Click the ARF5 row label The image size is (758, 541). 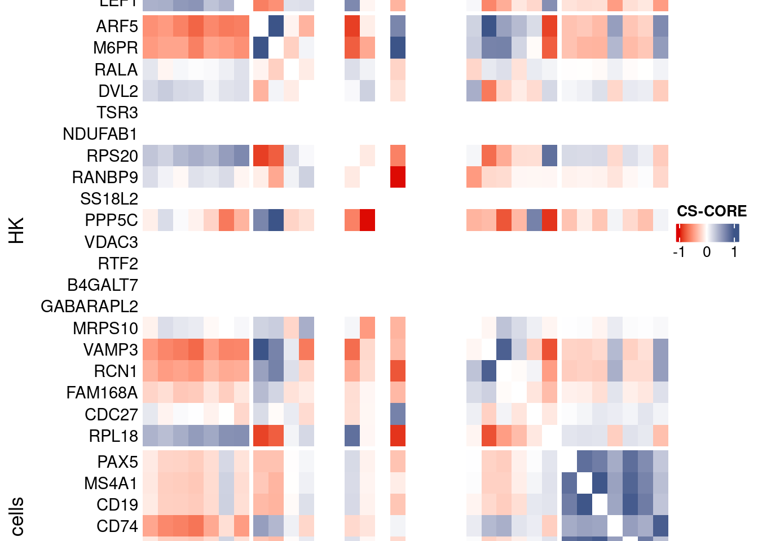point(117,26)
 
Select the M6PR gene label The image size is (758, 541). point(116,48)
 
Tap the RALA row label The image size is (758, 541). point(116,70)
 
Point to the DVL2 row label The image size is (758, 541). point(118,91)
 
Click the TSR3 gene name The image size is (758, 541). point(117,113)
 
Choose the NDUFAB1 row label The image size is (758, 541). point(100,134)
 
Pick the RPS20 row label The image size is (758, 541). point(112,156)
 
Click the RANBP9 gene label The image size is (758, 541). point(105,178)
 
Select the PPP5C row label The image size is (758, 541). point(111,220)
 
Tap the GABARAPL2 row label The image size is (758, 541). point(89,307)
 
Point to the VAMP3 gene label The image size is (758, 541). point(111,350)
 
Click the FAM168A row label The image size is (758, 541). point(102,393)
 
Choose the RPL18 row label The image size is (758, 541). point(113,436)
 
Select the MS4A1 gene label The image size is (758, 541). point(111,484)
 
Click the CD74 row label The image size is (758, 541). point(117,526)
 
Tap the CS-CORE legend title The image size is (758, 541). point(712,211)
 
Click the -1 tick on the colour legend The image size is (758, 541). point(679,252)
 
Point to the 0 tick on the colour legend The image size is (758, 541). point(707,252)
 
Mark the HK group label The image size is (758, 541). point(17,230)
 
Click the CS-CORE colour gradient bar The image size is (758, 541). point(707,233)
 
